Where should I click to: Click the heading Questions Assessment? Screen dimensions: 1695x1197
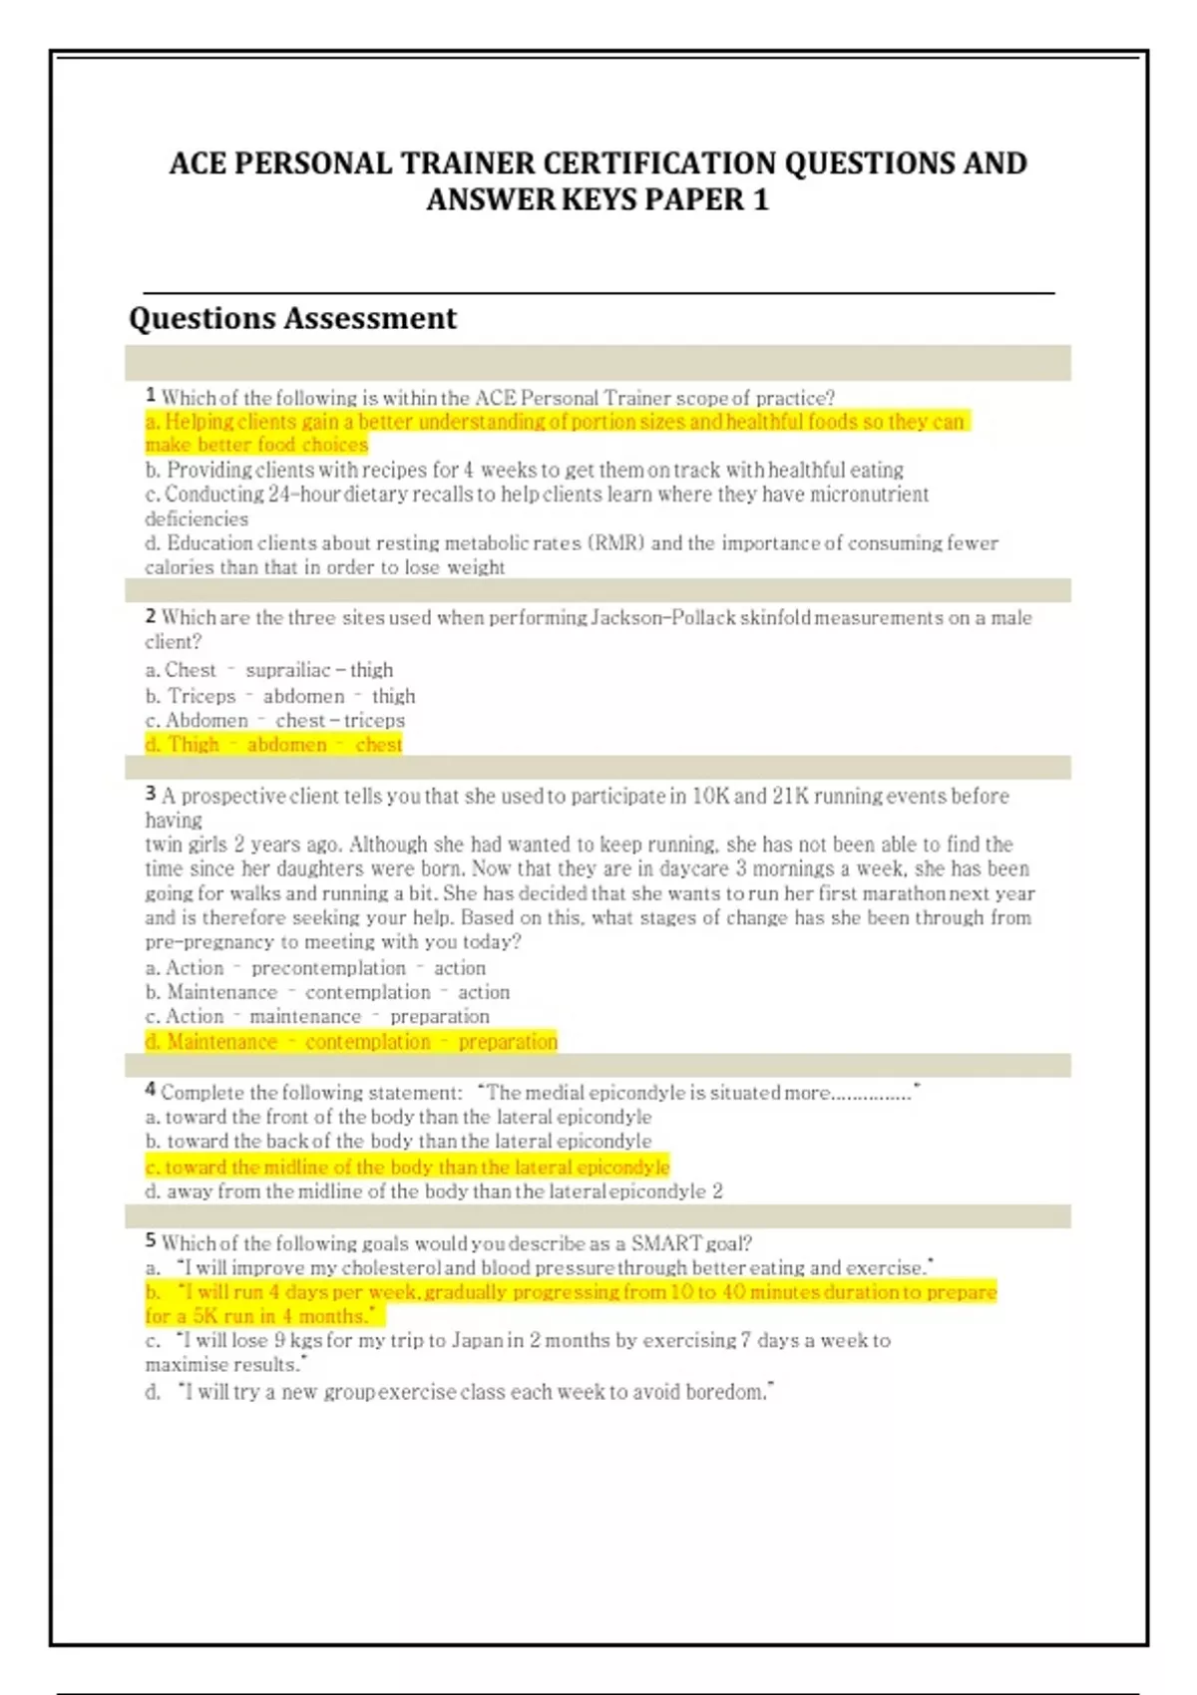coord(292,318)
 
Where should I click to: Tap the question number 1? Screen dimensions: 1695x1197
coord(151,396)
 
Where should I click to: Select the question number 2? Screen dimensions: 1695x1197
coord(151,616)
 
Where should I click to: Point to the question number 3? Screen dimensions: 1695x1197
coord(151,794)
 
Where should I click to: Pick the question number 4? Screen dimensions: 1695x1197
coord(151,1091)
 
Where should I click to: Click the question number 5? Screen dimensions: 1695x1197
coord(151,1241)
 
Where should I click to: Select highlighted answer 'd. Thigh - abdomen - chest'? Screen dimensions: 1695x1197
coord(273,745)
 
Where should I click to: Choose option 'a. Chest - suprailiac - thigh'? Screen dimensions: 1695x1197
coord(269,670)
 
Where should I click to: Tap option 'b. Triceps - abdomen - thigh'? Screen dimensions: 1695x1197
coord(280,696)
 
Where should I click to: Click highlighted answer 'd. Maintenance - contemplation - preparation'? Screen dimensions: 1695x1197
coord(351,1042)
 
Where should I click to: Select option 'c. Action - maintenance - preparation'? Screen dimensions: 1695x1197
coord(317,1017)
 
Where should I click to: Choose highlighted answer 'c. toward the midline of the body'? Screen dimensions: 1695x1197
coord(407,1167)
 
